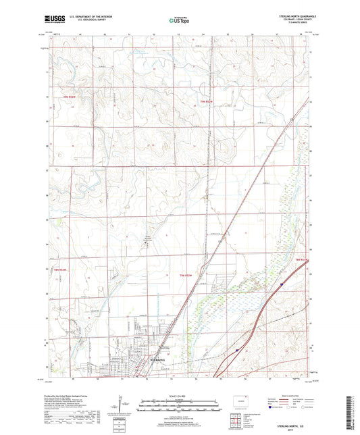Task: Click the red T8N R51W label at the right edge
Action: point(304,259)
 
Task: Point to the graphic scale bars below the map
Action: point(179,408)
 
